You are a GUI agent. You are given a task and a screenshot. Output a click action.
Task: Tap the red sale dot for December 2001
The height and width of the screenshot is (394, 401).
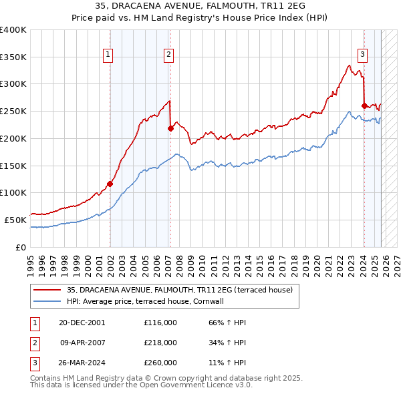point(110,184)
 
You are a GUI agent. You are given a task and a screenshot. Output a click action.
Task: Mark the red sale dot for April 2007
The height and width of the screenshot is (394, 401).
point(170,128)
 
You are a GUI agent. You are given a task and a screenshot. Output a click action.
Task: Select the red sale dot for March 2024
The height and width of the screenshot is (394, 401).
point(364,106)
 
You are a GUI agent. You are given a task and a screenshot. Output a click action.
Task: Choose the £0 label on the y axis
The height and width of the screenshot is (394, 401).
point(21,246)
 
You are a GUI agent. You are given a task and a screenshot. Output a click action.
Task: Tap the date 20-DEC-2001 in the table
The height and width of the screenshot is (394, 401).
point(82,323)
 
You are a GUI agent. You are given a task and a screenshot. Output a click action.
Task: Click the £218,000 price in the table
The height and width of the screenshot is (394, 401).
point(160,343)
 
